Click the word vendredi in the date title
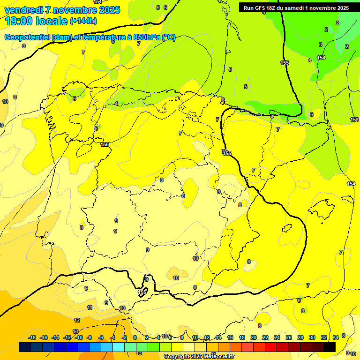23,10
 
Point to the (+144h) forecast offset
83,21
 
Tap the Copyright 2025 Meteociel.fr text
199,356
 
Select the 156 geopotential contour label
105,144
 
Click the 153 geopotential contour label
354,120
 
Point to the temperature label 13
75,331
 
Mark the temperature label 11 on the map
90,307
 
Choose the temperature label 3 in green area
321,45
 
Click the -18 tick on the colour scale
32,337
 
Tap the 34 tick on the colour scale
336,337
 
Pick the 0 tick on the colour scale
135,337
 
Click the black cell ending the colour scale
329,347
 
